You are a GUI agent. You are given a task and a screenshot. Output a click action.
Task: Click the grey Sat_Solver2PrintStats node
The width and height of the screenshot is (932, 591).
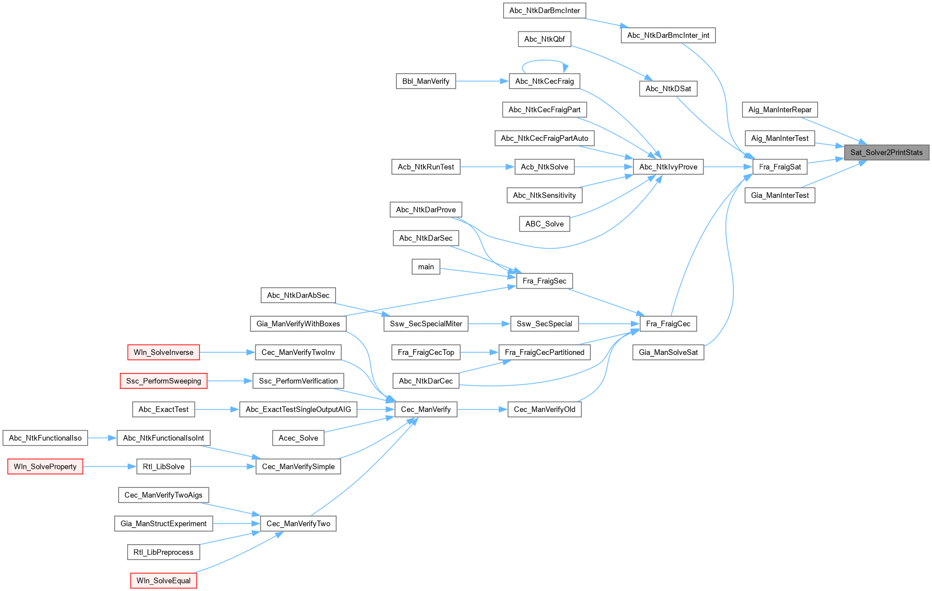[886, 153]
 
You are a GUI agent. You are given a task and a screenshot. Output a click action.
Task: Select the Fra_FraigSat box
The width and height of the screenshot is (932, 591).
[779, 167]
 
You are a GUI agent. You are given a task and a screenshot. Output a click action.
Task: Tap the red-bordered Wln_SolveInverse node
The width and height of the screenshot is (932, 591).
[163, 353]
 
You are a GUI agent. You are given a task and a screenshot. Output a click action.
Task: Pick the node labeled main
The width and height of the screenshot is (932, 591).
[425, 266]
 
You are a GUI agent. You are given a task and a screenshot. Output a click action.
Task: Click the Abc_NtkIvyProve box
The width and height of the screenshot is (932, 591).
[668, 167]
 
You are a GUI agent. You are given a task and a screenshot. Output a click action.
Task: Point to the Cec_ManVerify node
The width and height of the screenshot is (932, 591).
[425, 410]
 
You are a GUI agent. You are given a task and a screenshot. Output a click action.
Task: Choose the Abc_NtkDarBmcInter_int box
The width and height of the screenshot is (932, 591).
[668, 35]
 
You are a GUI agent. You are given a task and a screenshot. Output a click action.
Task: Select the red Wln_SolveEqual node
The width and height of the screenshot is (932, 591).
[163, 581]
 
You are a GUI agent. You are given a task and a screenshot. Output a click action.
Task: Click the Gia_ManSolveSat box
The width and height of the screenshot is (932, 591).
[668, 353]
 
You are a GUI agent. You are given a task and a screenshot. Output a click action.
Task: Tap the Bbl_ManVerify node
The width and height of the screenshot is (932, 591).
[425, 81]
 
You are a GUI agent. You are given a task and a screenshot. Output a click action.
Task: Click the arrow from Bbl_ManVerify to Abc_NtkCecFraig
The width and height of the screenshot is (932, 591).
[482, 81]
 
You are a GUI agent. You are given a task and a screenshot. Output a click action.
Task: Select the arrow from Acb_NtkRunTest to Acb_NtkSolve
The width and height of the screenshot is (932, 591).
[487, 167]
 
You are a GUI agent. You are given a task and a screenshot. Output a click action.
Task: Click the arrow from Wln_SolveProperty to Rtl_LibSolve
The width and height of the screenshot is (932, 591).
[109, 466]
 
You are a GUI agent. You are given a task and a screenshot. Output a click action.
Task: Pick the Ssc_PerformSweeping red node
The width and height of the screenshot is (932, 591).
[163, 381]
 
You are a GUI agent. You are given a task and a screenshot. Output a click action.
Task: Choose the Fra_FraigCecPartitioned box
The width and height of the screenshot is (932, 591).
[544, 353]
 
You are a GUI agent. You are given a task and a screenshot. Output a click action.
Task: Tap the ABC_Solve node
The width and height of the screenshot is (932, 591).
[544, 224]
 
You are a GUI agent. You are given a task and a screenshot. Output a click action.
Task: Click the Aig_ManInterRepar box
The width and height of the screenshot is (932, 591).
[779, 110]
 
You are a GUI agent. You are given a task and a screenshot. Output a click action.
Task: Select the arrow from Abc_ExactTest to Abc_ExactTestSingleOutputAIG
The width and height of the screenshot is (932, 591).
[217, 410]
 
